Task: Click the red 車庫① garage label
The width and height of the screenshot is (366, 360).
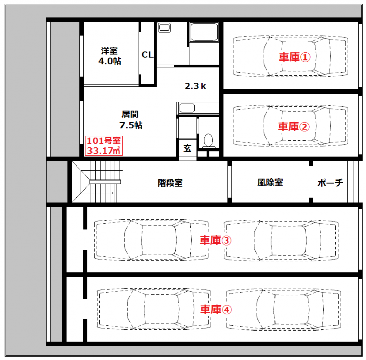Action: (294, 57)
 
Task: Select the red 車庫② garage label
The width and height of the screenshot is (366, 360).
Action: (294, 126)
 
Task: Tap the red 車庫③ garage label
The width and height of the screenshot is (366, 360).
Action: (216, 240)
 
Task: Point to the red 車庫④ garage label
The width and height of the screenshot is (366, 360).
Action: (216, 309)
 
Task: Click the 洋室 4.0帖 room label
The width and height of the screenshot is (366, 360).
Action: (110, 56)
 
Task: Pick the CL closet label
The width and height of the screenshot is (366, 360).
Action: (147, 55)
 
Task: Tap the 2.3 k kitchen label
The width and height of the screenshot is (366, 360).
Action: (195, 86)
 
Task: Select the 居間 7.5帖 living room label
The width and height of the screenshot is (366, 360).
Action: (131, 120)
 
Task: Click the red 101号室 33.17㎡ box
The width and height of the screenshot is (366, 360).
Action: (104, 146)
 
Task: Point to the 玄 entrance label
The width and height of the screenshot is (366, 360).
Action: (187, 148)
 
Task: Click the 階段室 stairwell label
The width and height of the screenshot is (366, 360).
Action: (170, 183)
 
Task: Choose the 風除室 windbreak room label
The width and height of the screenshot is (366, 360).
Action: (270, 183)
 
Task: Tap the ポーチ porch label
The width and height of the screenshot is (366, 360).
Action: (330, 183)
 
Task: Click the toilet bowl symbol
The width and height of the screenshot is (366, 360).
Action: (208, 141)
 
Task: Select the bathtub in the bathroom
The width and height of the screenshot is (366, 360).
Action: (203, 32)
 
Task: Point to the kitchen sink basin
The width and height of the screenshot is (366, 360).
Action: (187, 108)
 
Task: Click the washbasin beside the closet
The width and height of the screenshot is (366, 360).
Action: (164, 27)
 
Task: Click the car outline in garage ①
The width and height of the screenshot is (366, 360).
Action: (291, 56)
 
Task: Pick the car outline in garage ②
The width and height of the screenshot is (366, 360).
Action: (291, 126)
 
